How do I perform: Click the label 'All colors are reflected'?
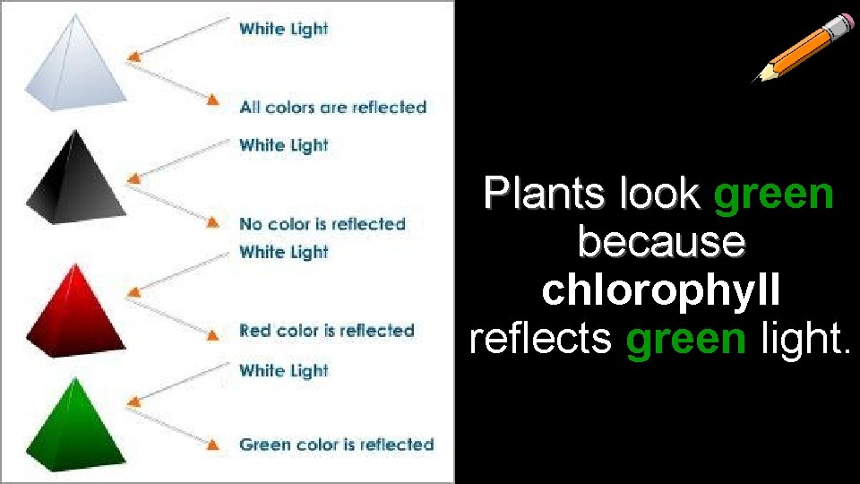(332, 108)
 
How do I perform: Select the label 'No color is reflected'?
(322, 224)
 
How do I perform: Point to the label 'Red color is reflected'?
(327, 331)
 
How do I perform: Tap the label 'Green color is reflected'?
(336, 445)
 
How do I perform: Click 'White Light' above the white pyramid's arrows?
(283, 29)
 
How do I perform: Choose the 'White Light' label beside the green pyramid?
(283, 370)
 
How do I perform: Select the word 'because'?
(661, 242)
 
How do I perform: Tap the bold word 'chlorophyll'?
(661, 290)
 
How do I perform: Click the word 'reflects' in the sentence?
(540, 339)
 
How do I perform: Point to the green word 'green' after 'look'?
(774, 194)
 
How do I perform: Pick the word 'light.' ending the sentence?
(804, 339)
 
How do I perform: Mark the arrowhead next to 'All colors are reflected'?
(213, 99)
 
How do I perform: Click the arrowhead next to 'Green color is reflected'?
(213, 443)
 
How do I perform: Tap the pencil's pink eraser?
(842, 22)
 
